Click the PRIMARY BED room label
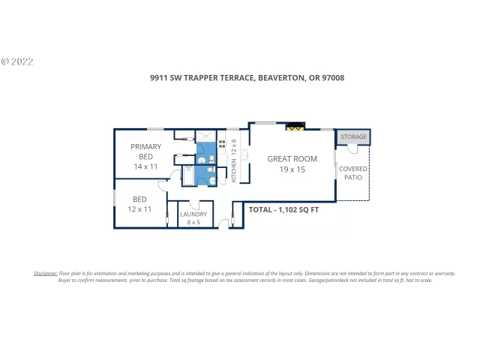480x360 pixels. [x=146, y=151]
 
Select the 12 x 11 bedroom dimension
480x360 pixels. [x=139, y=209]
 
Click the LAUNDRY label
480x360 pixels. [x=193, y=214]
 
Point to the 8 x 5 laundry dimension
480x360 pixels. [x=193, y=222]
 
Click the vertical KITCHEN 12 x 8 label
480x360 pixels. [x=234, y=160]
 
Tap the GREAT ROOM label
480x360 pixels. [x=292, y=158]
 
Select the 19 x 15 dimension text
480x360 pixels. [x=292, y=169]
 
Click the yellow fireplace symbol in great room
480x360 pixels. [x=294, y=127]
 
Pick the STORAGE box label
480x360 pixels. [x=353, y=137]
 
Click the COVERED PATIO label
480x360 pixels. [x=352, y=173]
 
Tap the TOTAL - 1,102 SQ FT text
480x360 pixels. [x=283, y=210]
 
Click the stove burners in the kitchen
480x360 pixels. [x=222, y=140]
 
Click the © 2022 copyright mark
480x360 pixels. [x=17, y=61]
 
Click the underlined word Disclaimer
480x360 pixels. [x=46, y=273]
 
